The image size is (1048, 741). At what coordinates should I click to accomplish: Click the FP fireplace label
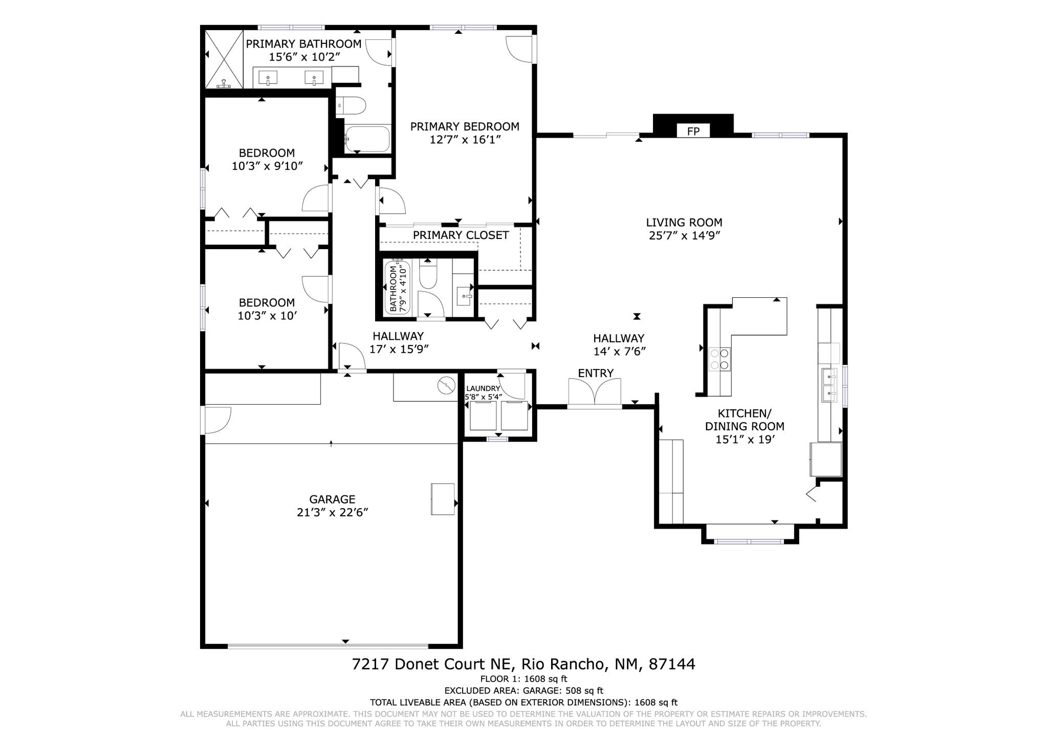click(693, 132)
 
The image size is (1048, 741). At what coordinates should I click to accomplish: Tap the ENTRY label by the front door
click(596, 373)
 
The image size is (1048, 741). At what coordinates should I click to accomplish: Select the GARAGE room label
click(332, 499)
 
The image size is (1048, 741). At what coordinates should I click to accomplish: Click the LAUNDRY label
click(483, 389)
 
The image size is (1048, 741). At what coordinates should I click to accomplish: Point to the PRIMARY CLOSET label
click(461, 235)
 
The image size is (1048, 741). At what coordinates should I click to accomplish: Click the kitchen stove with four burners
click(719, 358)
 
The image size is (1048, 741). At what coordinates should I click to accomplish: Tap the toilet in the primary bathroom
click(352, 106)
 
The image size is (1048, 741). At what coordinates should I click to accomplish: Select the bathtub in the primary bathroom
click(367, 139)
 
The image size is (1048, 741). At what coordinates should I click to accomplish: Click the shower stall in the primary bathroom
click(224, 59)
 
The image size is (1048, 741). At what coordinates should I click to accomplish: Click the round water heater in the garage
click(446, 385)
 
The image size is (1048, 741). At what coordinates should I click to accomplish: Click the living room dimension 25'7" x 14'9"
click(684, 236)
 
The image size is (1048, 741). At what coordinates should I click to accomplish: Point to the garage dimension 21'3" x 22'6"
click(333, 512)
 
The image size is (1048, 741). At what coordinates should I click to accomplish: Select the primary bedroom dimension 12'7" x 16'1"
click(465, 140)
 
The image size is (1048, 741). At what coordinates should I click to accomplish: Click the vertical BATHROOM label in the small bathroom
click(393, 289)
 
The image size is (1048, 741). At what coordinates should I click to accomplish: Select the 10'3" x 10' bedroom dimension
click(267, 316)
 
